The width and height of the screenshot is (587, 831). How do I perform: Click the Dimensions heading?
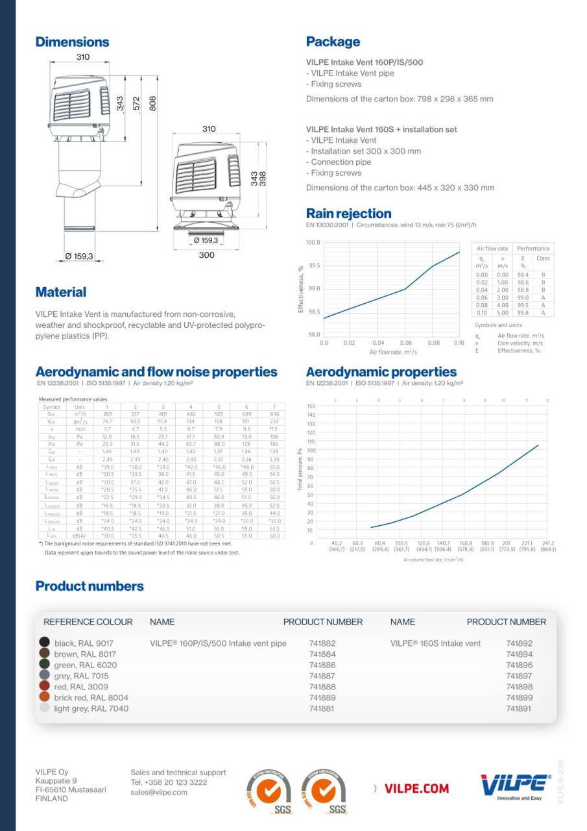pos(72,42)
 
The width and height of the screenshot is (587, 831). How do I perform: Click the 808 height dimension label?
pos(153,104)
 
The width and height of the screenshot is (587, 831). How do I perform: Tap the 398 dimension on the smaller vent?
pos(263,179)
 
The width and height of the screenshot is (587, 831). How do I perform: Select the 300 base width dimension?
pos(206,255)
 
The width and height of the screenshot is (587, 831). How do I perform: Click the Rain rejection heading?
pos(348,214)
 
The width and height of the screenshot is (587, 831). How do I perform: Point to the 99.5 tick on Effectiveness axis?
pos(313,266)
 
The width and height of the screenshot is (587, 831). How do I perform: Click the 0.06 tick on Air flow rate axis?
pos(405,342)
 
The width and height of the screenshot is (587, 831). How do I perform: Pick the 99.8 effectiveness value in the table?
pos(523,312)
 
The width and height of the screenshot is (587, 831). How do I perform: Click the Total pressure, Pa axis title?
pos(300,469)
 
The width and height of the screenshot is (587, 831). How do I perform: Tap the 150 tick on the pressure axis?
pos(311,406)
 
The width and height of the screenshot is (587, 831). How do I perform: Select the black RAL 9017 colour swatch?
pos(45,643)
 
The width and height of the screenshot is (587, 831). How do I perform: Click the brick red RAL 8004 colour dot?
pos(45,697)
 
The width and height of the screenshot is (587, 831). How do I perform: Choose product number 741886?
pos(322,665)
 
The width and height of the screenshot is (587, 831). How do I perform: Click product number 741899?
pos(519,697)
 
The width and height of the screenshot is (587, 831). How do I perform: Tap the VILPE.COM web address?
pos(416,788)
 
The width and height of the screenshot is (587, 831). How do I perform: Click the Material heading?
pos(61,292)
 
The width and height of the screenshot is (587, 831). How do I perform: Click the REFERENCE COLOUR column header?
pos(88,621)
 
